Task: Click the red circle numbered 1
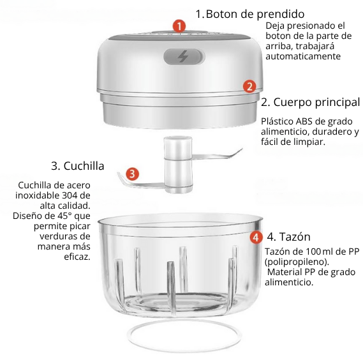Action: pos(179,26)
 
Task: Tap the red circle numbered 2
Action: pos(249,86)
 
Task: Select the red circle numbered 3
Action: pos(133,174)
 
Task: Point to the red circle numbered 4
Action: pos(256,237)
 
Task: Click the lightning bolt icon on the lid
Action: pos(183,56)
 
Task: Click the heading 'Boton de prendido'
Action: pos(255,14)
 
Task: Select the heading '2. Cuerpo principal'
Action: pos(311,102)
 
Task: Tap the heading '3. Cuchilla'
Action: pos(78,166)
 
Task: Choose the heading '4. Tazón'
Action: pos(289,237)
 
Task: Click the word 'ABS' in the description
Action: pos(303,121)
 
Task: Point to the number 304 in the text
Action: pos(70,195)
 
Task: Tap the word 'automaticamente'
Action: pos(303,56)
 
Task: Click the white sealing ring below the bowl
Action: pos(183,350)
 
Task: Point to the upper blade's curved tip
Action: pos(241,149)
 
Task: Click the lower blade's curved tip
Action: pos(119,174)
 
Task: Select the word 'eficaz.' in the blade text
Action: pos(77,257)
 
